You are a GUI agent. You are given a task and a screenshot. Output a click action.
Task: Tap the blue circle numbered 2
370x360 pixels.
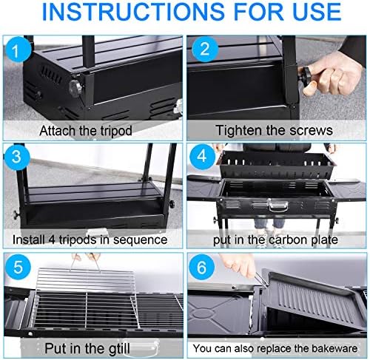point(205,49)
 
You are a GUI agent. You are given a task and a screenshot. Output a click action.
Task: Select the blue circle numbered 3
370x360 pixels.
point(17,157)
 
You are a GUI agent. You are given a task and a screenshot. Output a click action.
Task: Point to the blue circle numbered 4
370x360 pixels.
point(203,157)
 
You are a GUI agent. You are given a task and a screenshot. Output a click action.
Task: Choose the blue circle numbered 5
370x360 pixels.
point(18,267)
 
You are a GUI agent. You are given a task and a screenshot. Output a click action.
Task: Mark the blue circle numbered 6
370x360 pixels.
point(201,267)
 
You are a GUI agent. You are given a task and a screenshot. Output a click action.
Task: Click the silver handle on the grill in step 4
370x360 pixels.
point(278,205)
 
